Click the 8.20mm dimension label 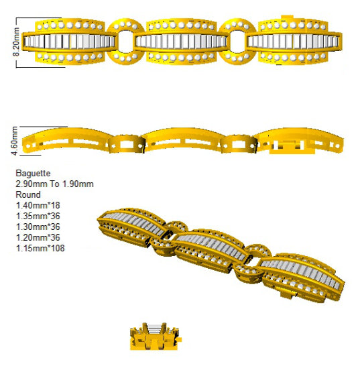pos(16,42)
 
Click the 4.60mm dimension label pos(15,141)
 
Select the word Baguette pos(33,174)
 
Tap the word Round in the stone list pos(28,194)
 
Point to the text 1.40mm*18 pos(38,205)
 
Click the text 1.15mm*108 pos(40,248)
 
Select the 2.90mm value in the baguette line pos(32,184)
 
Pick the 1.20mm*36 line pos(38,237)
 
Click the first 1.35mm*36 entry pos(38,216)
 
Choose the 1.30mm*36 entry pos(38,227)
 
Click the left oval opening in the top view pos(125,42)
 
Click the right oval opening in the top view pos(237,42)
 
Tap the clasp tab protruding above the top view pos(287,17)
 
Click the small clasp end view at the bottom pos(155,337)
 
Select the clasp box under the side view pos(287,147)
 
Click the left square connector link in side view pos(126,144)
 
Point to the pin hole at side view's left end pos(28,146)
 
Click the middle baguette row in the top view pos(181,42)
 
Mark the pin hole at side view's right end pos(337,146)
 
